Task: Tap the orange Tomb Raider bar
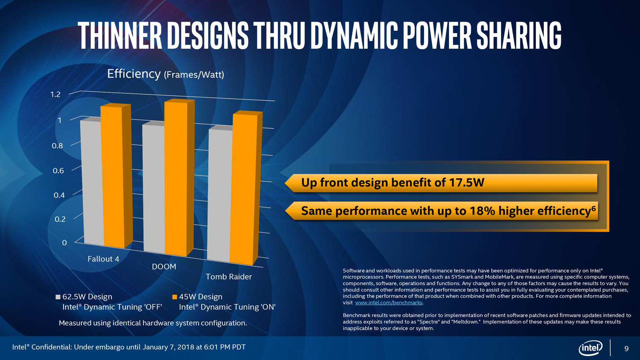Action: [243, 188]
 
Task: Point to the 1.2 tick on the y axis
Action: [55, 94]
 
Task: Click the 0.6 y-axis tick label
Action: [58, 171]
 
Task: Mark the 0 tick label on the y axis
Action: [64, 243]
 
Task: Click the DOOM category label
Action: [164, 266]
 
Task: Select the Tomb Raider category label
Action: [229, 277]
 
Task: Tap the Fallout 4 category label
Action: [103, 259]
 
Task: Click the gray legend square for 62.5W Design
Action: [58, 297]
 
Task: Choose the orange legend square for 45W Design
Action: [175, 297]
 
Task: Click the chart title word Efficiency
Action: [134, 74]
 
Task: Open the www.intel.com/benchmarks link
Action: [389, 303]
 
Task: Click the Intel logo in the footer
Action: [590, 348]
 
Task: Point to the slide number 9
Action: [626, 349]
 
